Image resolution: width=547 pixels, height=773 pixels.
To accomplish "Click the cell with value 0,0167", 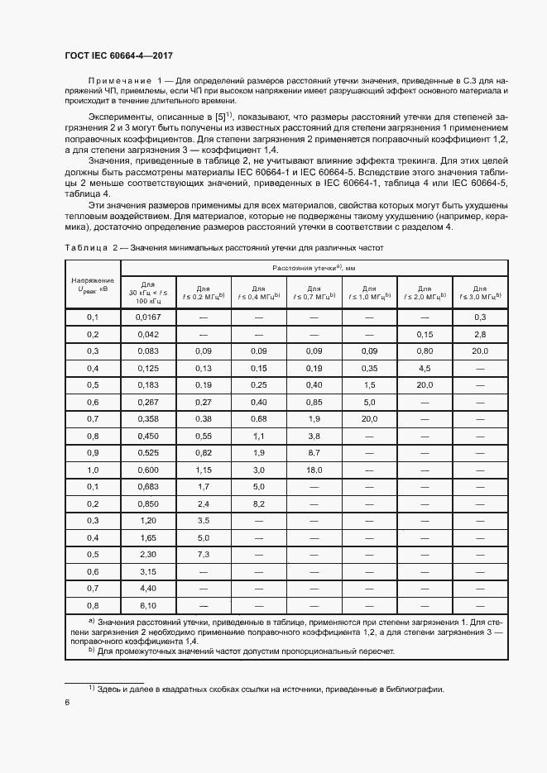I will (148, 317).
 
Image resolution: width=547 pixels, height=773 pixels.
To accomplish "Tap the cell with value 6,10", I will (148, 605).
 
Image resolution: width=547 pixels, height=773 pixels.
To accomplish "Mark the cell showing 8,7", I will (314, 452).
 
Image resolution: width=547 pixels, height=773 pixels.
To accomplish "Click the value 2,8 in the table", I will (481, 334).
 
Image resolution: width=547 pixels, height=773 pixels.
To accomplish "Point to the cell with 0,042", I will (148, 334).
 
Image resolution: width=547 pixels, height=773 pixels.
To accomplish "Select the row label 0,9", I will (93, 452).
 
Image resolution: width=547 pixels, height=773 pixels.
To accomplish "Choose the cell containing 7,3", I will (203, 554).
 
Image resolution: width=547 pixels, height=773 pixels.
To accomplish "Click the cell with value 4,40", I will (148, 588).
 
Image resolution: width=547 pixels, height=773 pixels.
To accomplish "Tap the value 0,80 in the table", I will (425, 351).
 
